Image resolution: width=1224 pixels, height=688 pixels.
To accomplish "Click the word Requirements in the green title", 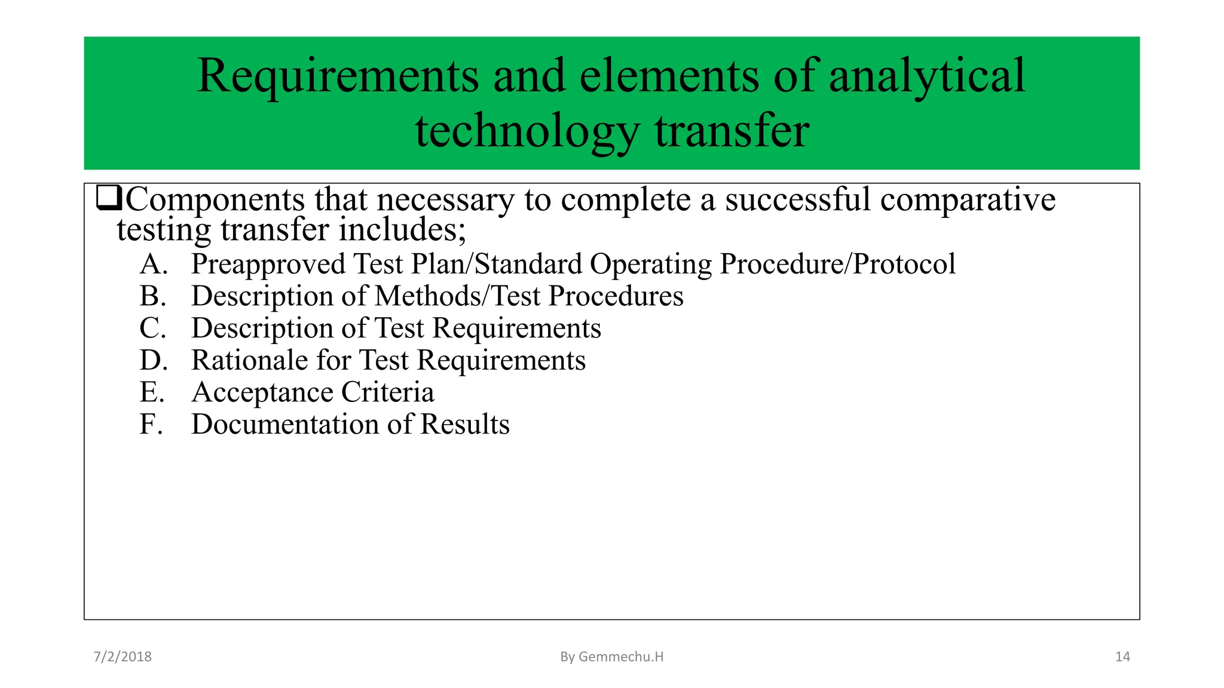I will point(338,76).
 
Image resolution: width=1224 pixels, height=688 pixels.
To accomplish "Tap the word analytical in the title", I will point(927,76).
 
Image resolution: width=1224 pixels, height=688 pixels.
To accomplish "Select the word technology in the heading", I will point(527,131).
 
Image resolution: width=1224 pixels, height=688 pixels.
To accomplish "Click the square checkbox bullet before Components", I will point(109,198).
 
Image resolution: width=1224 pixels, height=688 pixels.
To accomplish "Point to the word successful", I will point(798,199).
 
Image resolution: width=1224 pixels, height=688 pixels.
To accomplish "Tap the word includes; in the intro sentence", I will point(402,230).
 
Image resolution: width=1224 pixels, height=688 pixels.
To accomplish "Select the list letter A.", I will point(153,264).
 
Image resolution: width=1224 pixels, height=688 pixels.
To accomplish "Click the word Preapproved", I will point(268,265).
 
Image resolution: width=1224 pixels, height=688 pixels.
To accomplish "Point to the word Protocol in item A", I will point(904,264).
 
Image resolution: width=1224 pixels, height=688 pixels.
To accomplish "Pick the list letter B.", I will point(152,296).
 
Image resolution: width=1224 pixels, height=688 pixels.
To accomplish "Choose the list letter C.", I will point(152,328).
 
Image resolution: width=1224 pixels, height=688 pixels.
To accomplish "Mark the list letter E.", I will point(152,392).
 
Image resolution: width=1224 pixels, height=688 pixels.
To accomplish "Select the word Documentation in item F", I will point(285,425).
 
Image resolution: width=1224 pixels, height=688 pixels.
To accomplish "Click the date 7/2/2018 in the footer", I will point(123,657).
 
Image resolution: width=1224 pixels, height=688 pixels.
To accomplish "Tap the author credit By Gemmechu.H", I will point(611,657).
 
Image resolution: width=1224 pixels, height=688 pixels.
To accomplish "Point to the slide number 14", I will point(1122,657).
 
